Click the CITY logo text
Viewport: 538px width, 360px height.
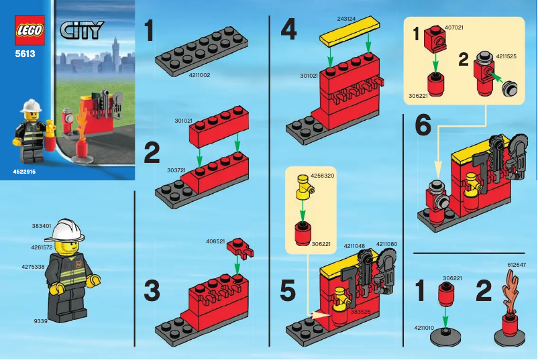pos(81,30)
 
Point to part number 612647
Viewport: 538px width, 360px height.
pos(517,265)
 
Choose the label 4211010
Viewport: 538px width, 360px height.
pos(425,328)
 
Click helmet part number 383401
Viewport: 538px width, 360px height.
pos(42,227)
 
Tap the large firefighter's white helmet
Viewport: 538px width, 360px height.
pos(69,230)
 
